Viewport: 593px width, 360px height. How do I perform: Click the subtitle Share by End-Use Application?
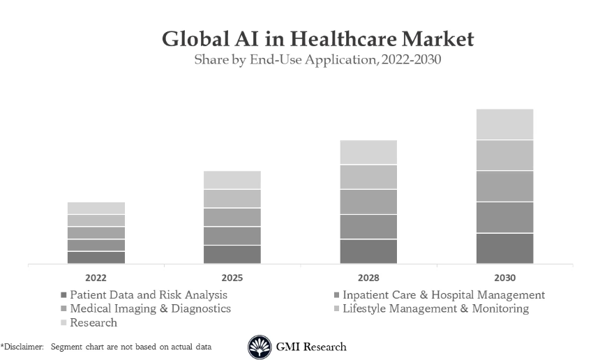click(317, 60)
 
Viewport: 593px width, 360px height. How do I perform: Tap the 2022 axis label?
click(96, 278)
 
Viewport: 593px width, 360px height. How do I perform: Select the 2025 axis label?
click(232, 278)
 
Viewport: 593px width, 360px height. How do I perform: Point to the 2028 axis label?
click(368, 278)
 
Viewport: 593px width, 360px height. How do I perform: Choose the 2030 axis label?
click(504, 278)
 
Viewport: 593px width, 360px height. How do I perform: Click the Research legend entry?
click(93, 322)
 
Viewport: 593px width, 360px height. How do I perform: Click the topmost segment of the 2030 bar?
click(504, 124)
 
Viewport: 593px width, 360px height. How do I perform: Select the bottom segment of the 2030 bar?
click(504, 248)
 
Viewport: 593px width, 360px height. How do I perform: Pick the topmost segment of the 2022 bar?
click(96, 208)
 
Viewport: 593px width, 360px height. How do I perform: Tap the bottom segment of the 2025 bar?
click(232, 254)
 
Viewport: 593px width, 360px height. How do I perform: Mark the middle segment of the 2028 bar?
click(368, 202)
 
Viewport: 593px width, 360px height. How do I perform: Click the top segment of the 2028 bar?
click(368, 152)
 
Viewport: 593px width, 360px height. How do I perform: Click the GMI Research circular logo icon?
click(260, 347)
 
